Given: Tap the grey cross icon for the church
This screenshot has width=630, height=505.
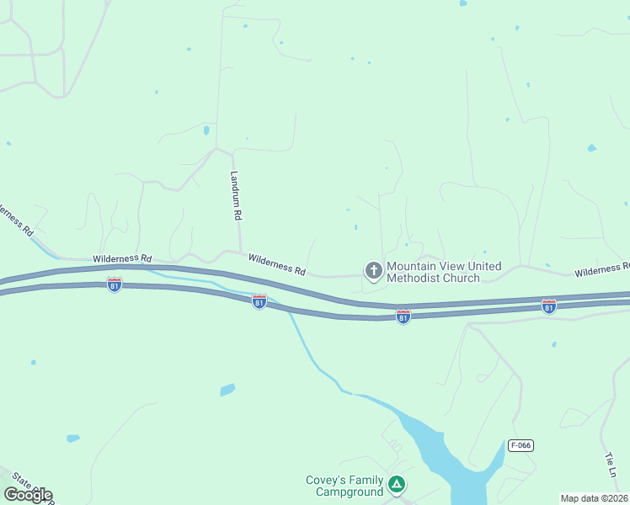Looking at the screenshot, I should [x=373, y=270].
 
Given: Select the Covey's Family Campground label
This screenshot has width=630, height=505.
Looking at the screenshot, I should [x=344, y=486].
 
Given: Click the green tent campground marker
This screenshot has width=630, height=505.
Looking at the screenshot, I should [x=397, y=485].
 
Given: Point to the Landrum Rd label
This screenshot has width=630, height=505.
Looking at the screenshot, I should [x=236, y=196].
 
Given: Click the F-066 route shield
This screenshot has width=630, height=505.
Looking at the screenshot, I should [x=521, y=444].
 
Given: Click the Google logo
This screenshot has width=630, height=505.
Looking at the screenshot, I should [x=28, y=494].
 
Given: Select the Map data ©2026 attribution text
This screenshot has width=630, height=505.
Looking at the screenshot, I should [x=594, y=498].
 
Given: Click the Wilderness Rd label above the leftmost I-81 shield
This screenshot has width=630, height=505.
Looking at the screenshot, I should [x=122, y=258].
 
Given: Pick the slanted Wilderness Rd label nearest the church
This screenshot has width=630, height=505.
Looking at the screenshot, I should [x=277, y=264].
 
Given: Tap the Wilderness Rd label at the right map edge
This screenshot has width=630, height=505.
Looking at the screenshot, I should [x=601, y=270].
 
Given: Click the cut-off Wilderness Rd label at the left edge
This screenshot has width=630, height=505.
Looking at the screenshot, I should [x=14, y=217].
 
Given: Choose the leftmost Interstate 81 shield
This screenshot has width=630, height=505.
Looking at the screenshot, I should [x=115, y=284].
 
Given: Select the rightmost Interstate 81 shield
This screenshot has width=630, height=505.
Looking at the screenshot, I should [x=548, y=306].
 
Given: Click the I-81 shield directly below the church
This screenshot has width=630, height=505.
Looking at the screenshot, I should [x=403, y=316].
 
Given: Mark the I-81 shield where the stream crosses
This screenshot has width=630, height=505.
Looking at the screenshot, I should [x=259, y=300].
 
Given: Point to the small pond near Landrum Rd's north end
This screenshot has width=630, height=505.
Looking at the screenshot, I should [x=206, y=130].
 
